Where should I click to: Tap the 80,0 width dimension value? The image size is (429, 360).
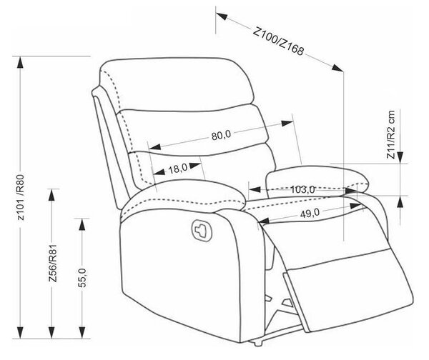(x=221, y=135)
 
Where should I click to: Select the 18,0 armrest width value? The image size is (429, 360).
(x=178, y=169)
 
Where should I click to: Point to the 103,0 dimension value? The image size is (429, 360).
(x=302, y=189)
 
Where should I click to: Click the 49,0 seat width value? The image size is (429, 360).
(x=310, y=213)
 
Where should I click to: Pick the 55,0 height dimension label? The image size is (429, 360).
(x=82, y=278)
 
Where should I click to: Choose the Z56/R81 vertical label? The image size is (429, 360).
(x=52, y=263)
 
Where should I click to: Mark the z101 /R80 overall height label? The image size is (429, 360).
(x=21, y=197)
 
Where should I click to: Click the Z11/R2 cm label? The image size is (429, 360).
(x=390, y=134)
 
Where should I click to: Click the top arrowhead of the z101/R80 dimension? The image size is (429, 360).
(x=20, y=62)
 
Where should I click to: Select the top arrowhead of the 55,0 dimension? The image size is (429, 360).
(x=82, y=224)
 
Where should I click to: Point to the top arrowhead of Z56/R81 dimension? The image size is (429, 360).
(x=51, y=194)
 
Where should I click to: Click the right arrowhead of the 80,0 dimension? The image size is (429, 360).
(x=287, y=124)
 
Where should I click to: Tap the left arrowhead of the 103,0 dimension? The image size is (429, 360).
(x=255, y=189)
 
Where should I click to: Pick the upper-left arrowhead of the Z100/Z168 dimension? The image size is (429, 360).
(x=222, y=16)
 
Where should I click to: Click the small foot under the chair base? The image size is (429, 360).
(x=258, y=344)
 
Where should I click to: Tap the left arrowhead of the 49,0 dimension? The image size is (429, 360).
(x=264, y=221)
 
